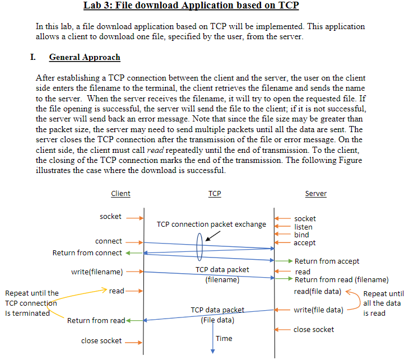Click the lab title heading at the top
pos(191,6)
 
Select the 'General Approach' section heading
pos(85,57)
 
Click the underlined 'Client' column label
pos(120,194)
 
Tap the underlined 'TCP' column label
pos(215,194)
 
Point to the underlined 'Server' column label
pos(316,194)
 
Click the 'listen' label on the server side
pos(304,227)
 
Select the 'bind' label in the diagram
pos(301,235)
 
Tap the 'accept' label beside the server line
pos(305,243)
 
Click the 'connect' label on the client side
pos(109,241)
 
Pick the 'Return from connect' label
pos(87,253)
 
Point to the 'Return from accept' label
pos(327,261)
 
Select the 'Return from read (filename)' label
pos(341,280)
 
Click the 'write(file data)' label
pos(318,310)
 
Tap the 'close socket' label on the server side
pos(314,329)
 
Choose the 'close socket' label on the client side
pos(101,340)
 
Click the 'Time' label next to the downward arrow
pos(224,338)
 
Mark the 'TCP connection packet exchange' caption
pos(211,225)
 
